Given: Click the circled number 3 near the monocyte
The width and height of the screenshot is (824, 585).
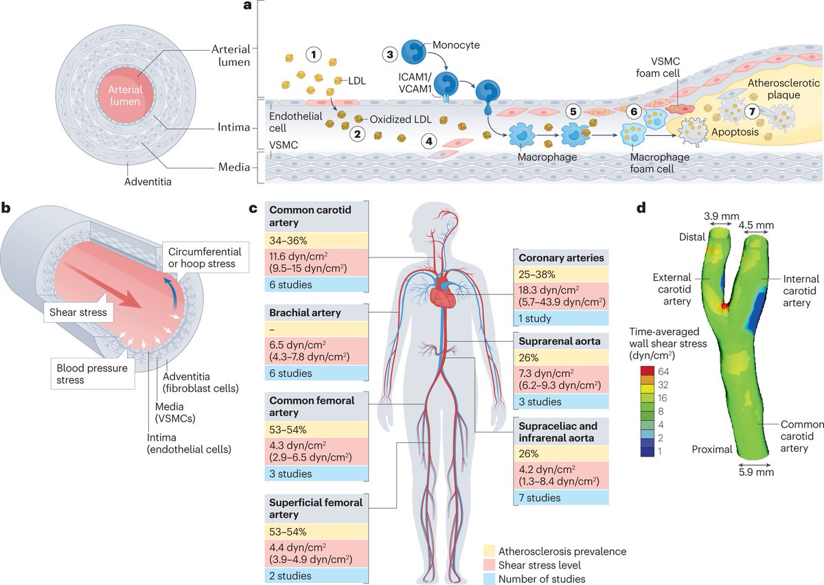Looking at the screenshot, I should pyautogui.click(x=391, y=54).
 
